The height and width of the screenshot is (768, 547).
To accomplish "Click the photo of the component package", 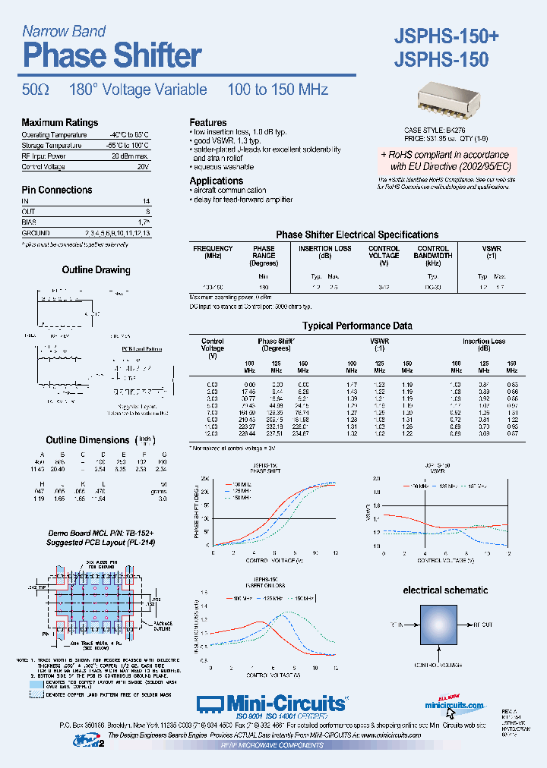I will click(x=449, y=98).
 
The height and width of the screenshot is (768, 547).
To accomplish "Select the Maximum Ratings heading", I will click(x=60, y=123).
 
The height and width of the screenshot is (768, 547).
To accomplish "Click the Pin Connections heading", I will click(x=57, y=190).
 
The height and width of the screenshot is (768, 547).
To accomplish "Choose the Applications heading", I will click(x=217, y=181).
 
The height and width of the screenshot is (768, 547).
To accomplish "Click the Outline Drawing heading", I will click(x=96, y=270).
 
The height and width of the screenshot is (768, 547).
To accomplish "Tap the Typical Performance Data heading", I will click(x=357, y=326).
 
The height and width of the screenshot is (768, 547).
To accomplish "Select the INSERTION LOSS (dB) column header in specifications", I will click(x=324, y=253).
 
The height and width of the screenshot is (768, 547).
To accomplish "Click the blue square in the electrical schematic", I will click(x=437, y=624).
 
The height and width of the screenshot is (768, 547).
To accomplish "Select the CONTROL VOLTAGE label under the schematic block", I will click(x=437, y=664).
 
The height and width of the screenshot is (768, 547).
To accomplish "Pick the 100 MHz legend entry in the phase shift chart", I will click(x=242, y=483).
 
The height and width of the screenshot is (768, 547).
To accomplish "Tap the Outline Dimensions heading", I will click(x=87, y=440).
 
